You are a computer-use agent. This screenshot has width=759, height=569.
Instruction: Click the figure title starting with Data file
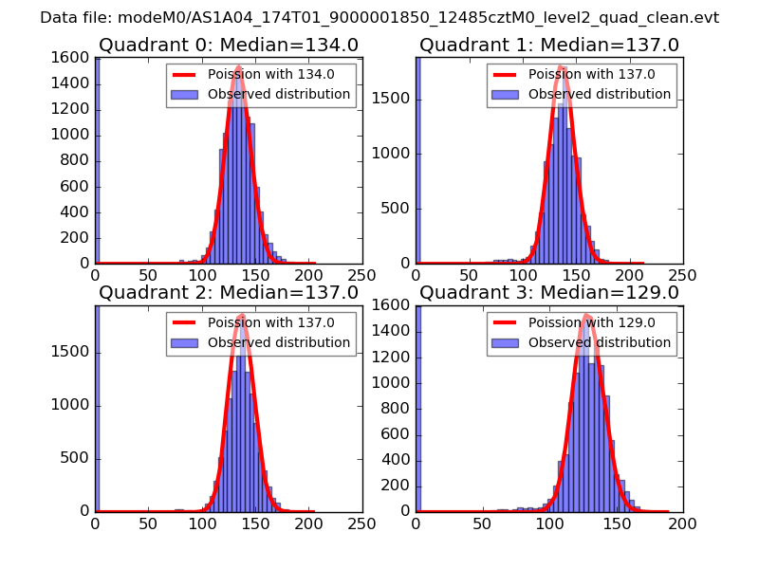click(379, 18)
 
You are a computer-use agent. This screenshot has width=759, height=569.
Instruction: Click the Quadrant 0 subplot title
click(229, 46)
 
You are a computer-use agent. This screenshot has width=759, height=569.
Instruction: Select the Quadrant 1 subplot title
click(549, 46)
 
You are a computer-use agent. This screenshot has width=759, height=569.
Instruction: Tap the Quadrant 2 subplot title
click(229, 293)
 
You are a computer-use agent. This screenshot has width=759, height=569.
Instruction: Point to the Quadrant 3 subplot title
click(549, 293)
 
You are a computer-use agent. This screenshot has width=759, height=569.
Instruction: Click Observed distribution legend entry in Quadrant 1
click(600, 94)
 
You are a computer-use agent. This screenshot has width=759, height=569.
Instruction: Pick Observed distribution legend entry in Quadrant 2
click(279, 341)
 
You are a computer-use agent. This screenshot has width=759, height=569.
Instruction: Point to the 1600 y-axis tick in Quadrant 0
click(72, 59)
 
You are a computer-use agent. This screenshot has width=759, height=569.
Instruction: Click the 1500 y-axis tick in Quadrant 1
click(393, 100)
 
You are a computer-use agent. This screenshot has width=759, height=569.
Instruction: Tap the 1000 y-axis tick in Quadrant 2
click(72, 406)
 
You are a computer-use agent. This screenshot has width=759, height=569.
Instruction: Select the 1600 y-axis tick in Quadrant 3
click(393, 306)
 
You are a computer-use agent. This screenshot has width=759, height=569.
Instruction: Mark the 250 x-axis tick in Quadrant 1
click(682, 275)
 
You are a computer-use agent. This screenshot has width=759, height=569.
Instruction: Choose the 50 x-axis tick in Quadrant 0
click(148, 275)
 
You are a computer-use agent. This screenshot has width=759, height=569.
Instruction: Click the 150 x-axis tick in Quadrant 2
click(255, 523)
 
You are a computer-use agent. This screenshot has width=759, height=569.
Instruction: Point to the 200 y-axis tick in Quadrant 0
click(76, 238)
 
